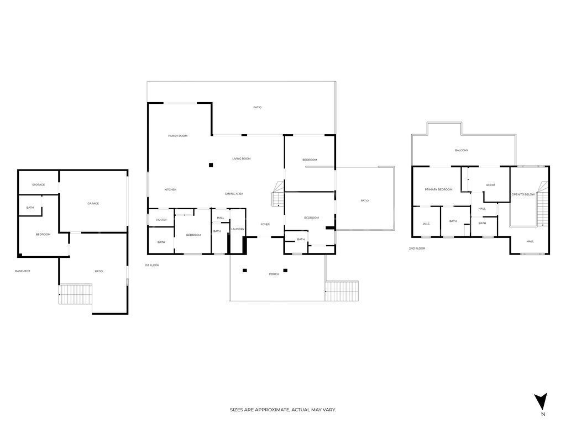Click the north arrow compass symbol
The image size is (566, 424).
(542, 401)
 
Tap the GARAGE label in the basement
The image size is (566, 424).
(93, 204)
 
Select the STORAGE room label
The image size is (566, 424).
(38, 185)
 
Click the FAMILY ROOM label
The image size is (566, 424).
(178, 136)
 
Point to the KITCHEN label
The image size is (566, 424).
(170, 190)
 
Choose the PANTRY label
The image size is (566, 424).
(161, 220)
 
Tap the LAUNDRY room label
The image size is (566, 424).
(238, 229)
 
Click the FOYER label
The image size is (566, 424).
(265, 225)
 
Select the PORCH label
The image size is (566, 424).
(274, 274)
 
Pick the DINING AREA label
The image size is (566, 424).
(234, 194)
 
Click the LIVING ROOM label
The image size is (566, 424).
(241, 159)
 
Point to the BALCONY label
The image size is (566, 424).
(462, 150)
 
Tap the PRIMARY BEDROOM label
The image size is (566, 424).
(438, 189)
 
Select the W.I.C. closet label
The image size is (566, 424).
(426, 224)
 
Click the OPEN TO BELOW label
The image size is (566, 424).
(523, 194)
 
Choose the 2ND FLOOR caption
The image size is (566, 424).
(417, 249)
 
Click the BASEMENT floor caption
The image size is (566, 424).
(23, 271)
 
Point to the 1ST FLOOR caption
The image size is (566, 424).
(152, 266)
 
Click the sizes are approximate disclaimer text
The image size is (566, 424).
(283, 410)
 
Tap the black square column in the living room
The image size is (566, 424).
(211, 165)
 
